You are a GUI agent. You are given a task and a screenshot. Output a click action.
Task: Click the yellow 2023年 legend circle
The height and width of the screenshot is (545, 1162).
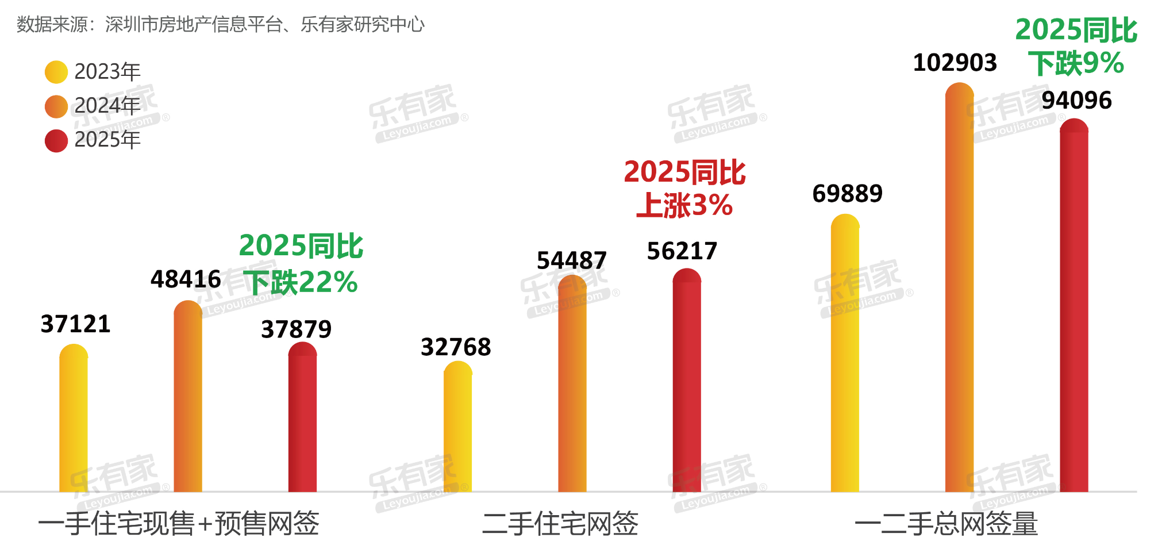(56, 72)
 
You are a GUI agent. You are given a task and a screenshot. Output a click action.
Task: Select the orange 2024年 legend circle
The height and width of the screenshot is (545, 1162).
(56, 106)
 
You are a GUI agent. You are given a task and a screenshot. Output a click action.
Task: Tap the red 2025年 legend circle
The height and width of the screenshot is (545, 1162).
(56, 140)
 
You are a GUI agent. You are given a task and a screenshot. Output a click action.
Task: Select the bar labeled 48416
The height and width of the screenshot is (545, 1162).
(188, 397)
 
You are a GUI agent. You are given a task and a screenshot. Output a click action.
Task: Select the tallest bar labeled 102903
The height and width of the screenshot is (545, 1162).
(960, 287)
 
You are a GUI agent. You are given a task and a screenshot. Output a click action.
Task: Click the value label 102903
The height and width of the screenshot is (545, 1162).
(955, 63)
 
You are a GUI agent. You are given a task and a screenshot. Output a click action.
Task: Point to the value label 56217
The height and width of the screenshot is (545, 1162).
(682, 251)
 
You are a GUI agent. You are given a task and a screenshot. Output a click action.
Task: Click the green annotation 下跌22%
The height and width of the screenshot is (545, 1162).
(301, 282)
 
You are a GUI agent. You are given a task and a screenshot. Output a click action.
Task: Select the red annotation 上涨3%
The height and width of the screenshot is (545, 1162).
(684, 205)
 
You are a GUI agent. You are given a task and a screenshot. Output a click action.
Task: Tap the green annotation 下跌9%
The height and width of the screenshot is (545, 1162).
(1076, 63)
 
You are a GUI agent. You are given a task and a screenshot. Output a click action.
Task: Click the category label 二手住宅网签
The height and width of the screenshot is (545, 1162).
(560, 524)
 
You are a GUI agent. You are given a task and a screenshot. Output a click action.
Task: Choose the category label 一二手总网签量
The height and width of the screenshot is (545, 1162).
(946, 524)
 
